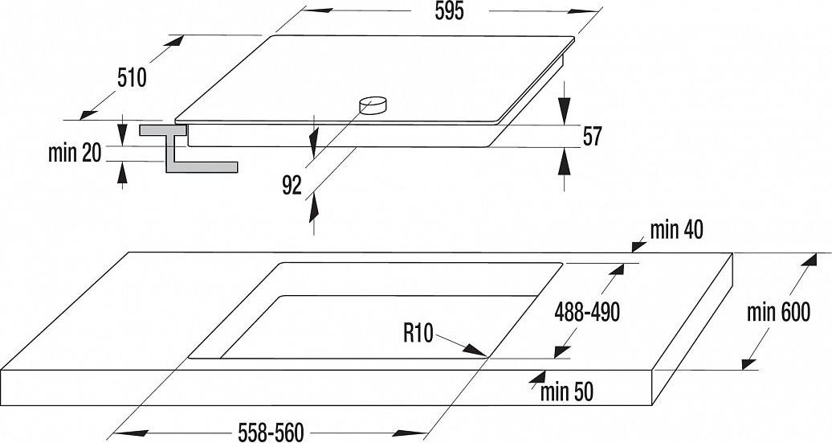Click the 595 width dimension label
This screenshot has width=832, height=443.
click(x=449, y=11)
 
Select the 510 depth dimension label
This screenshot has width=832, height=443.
click(x=132, y=78)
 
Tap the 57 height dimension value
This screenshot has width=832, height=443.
click(x=592, y=137)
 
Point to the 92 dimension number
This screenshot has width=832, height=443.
click(x=292, y=186)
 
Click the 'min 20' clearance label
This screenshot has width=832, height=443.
click(x=75, y=154)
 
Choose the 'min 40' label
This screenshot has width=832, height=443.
click(x=676, y=230)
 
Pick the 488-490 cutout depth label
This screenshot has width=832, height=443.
click(x=587, y=312)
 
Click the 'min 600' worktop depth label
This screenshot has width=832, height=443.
click(x=778, y=312)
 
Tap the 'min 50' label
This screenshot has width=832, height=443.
click(x=567, y=392)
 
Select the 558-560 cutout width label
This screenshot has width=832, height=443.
click(x=271, y=433)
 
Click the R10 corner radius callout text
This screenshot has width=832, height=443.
click(x=418, y=334)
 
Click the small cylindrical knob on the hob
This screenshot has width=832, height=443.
click(x=373, y=105)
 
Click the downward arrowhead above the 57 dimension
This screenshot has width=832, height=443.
click(x=564, y=112)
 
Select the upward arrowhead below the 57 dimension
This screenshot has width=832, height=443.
click(x=564, y=162)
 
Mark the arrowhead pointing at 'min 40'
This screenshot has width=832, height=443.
click(x=638, y=246)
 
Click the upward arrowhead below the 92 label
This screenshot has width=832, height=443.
click(x=314, y=207)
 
